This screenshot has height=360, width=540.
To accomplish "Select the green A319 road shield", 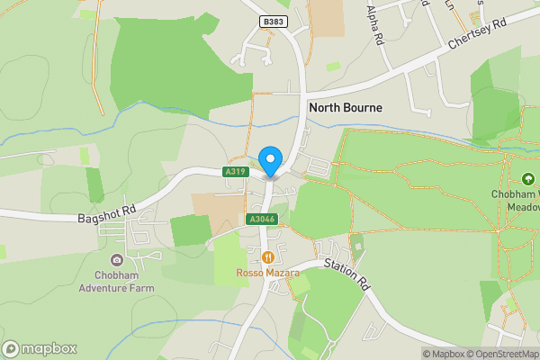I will [236, 171].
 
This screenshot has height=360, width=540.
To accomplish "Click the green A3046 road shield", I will [260, 220].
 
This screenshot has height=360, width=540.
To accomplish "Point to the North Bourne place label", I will [346, 107].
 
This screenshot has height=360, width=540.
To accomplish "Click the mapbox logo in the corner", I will [40, 348].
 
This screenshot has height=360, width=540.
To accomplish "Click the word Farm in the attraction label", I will [140, 288].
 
